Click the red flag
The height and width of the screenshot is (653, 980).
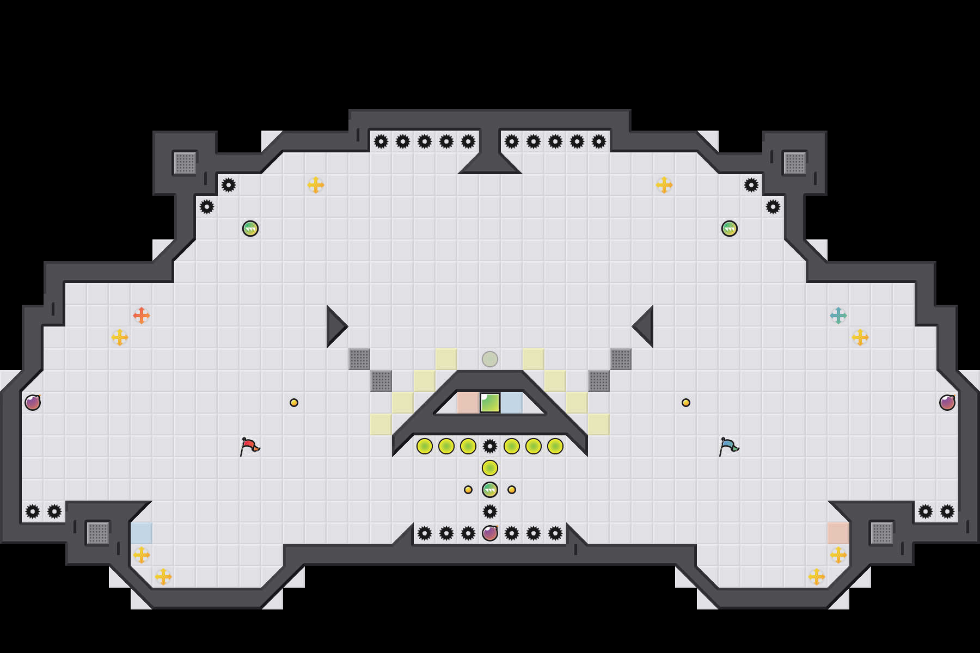click(x=249, y=446)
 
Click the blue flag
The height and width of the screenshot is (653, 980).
click(x=728, y=446)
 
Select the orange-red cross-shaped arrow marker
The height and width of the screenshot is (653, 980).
click(x=142, y=316)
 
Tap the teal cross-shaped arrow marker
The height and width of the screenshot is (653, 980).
click(x=838, y=316)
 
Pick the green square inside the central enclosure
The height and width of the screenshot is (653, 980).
click(x=490, y=403)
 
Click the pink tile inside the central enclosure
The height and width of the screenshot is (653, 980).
click(x=468, y=403)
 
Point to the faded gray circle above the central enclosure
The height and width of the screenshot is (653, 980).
click(x=490, y=359)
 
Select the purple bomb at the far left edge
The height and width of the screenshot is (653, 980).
click(x=33, y=403)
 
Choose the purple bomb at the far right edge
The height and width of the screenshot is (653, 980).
click(x=947, y=403)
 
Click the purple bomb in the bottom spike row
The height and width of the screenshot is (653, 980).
click(x=490, y=533)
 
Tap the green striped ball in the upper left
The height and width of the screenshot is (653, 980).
click(x=250, y=229)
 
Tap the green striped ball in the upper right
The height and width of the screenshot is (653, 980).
click(x=730, y=229)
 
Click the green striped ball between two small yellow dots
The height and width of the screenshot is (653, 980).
click(x=490, y=490)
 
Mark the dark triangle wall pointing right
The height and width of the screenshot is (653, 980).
click(x=334, y=326)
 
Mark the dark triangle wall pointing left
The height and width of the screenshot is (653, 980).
click(x=646, y=326)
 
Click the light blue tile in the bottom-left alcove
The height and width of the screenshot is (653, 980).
click(x=142, y=533)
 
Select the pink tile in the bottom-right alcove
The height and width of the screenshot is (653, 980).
click(x=838, y=533)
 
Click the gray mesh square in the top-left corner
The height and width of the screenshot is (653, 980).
click(x=185, y=163)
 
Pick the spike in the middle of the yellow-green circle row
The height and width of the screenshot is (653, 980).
click(x=490, y=446)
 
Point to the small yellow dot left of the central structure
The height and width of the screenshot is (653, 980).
click(x=294, y=403)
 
